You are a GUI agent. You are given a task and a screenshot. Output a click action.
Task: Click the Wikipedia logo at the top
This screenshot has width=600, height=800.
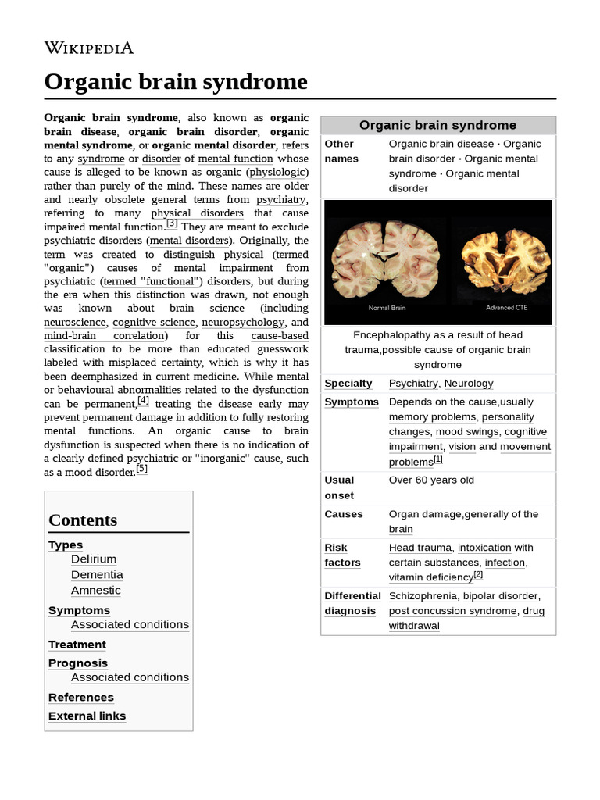click(x=88, y=48)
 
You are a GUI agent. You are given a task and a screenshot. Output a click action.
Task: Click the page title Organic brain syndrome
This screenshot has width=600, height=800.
click(x=176, y=82)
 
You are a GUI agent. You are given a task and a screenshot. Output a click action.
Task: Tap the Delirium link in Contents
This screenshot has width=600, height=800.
click(x=94, y=559)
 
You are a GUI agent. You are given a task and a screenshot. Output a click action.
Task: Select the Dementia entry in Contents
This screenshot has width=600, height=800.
click(x=97, y=575)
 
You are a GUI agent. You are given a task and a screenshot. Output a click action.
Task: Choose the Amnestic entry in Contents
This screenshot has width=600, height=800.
click(x=96, y=591)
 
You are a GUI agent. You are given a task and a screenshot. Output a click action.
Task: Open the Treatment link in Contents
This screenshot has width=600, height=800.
click(x=77, y=645)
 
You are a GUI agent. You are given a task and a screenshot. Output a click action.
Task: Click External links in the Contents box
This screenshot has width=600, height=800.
click(x=87, y=716)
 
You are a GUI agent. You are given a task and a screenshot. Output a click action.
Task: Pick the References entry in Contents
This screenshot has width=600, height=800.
click(x=80, y=697)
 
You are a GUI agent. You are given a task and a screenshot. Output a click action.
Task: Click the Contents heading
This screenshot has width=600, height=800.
click(x=83, y=520)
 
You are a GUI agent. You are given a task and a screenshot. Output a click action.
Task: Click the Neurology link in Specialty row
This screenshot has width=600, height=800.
click(x=469, y=384)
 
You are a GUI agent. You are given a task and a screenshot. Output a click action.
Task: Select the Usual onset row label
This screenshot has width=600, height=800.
click(x=340, y=487)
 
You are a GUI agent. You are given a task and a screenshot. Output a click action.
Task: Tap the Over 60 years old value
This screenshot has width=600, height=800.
click(x=431, y=480)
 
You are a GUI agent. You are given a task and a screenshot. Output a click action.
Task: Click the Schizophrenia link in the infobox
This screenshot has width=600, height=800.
click(x=423, y=596)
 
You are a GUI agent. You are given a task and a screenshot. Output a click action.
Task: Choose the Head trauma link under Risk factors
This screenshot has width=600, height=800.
click(x=420, y=548)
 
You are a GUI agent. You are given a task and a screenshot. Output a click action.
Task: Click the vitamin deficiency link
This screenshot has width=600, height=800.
click(x=430, y=578)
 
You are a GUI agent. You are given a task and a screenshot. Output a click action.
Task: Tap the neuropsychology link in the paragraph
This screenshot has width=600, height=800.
click(x=243, y=322)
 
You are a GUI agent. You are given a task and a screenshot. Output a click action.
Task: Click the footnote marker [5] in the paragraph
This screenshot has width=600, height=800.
click(x=141, y=470)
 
